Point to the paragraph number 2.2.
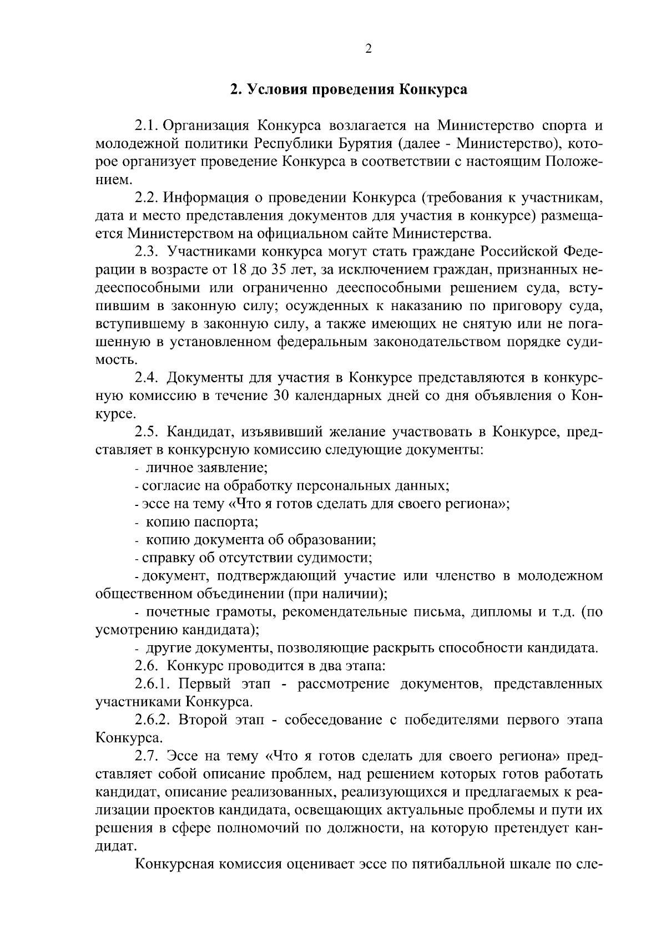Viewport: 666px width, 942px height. [x=147, y=197]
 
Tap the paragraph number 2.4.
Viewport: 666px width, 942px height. [x=147, y=378]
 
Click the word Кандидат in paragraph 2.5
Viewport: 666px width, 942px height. [x=203, y=432]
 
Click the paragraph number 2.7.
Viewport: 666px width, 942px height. [x=147, y=756]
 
